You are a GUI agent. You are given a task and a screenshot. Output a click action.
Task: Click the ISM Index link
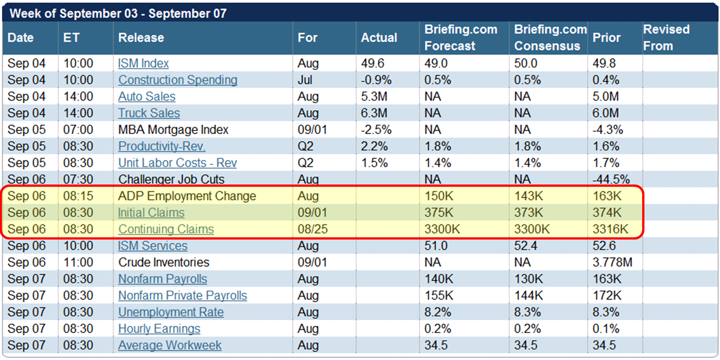click(143, 63)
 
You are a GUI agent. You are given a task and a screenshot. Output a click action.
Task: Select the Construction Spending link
click(178, 80)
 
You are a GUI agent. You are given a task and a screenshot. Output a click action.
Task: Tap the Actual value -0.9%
click(376, 80)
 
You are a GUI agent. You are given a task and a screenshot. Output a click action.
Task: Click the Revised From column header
click(666, 38)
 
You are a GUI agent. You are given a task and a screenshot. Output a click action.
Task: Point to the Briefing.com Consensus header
click(550, 38)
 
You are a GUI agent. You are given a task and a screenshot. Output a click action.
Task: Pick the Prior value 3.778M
click(612, 263)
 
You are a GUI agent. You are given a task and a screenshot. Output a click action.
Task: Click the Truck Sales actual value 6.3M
click(373, 114)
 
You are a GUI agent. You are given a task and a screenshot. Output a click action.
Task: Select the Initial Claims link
click(151, 213)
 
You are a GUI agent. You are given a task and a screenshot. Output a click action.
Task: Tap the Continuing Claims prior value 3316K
click(611, 229)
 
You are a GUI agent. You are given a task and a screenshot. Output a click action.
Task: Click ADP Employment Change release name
click(187, 196)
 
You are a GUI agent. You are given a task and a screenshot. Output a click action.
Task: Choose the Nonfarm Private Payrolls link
click(183, 296)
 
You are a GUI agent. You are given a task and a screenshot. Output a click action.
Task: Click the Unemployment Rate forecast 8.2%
click(438, 312)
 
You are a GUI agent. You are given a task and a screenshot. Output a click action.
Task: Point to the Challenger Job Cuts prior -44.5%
click(611, 179)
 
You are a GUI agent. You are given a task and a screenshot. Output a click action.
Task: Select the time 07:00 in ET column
click(78, 130)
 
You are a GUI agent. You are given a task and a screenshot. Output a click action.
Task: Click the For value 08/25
click(312, 229)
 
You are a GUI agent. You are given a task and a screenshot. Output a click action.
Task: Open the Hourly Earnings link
click(159, 329)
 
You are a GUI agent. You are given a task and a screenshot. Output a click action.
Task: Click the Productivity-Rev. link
click(162, 146)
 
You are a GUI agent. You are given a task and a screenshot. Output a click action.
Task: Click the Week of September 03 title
click(118, 13)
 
